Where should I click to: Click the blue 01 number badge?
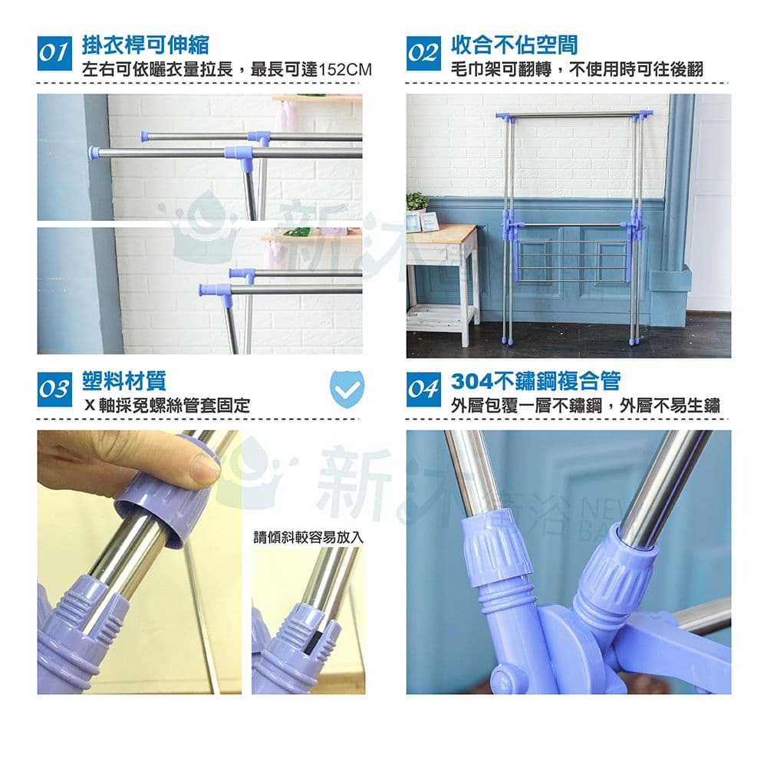pyautogui.click(x=54, y=53)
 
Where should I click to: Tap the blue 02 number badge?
pyautogui.click(x=423, y=53)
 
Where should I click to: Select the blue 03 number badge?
pyautogui.click(x=54, y=390)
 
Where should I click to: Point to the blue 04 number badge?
pyautogui.click(x=423, y=390)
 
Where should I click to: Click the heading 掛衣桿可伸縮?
pyautogui.click(x=145, y=44)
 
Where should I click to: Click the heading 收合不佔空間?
pyautogui.click(x=514, y=44)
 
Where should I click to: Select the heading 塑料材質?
pyautogui.click(x=124, y=381)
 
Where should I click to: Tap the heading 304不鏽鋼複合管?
pyautogui.click(x=535, y=381)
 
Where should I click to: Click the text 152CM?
pyautogui.click(x=345, y=70)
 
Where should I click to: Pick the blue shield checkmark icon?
pyautogui.click(x=347, y=389)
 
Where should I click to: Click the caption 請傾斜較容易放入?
pyautogui.click(x=308, y=538)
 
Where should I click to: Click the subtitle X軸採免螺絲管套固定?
pyautogui.click(x=166, y=406)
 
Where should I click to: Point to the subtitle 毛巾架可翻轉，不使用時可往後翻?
pyautogui.click(x=577, y=70)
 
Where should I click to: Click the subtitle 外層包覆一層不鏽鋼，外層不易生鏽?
pyautogui.click(x=585, y=406)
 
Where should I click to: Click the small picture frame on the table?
pyautogui.click(x=429, y=221)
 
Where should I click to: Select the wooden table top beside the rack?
pyautogui.click(x=441, y=234)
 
